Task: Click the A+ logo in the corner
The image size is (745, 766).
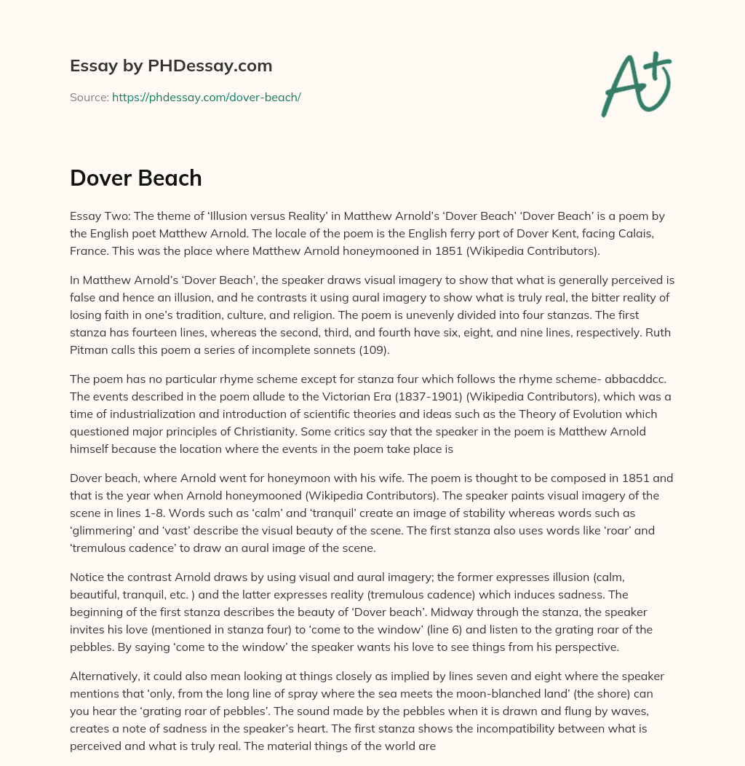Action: point(636,84)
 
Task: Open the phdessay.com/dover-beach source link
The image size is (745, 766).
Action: point(206,97)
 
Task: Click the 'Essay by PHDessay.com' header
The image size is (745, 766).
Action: point(171,66)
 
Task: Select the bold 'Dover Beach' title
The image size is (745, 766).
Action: point(136,178)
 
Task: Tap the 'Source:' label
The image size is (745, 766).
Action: point(89,97)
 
